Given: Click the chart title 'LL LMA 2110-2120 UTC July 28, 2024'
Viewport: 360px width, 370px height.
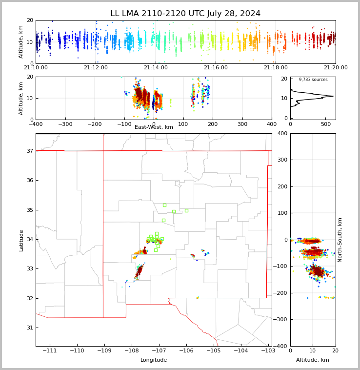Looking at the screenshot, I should click(x=185, y=14).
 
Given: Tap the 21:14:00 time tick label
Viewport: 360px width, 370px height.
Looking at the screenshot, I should click(x=155, y=68).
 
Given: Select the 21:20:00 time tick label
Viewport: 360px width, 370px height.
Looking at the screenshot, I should click(x=335, y=68).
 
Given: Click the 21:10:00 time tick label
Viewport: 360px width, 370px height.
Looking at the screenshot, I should click(x=36, y=68).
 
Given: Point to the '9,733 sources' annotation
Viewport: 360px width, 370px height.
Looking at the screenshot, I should click(x=313, y=80).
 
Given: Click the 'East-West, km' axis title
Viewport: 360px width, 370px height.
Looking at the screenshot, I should click(x=154, y=127).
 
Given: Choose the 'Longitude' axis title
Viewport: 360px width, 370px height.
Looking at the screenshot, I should click(x=154, y=360).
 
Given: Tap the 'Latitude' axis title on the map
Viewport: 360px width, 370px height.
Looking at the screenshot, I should click(x=21, y=240).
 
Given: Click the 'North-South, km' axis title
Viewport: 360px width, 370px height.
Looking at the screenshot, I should click(x=340, y=240).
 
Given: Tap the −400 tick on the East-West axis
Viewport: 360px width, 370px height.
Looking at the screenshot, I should click(x=36, y=124).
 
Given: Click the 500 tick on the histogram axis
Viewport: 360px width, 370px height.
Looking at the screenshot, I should click(x=325, y=124).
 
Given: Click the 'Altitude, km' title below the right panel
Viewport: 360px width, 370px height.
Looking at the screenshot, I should click(x=313, y=360).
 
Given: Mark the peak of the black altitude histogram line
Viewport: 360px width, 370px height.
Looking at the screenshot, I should click(x=333, y=96).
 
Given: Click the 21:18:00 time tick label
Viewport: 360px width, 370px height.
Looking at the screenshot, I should click(x=275, y=68).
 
